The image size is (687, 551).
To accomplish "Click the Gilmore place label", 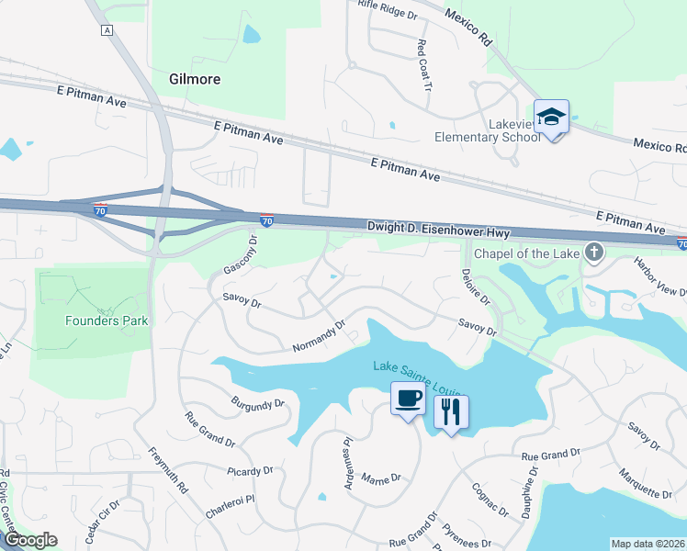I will click(x=195, y=79).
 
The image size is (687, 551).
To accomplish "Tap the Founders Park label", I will click(x=106, y=320).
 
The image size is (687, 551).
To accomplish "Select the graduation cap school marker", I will click(x=551, y=118).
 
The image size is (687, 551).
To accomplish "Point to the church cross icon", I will click(x=594, y=251).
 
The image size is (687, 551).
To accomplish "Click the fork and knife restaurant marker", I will click(x=451, y=411).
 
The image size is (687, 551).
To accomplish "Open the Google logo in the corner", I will click(x=29, y=540).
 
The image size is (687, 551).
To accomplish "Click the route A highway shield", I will click(x=107, y=30).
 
